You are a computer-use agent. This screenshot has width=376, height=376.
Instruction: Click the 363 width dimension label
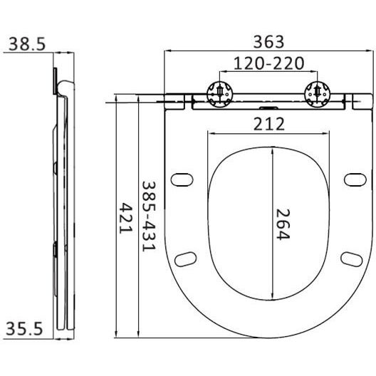pyautogui.click(x=268, y=42)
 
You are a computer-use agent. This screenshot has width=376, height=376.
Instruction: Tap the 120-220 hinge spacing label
pyautogui.click(x=268, y=63)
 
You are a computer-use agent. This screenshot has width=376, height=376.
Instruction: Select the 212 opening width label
pyautogui.click(x=268, y=124)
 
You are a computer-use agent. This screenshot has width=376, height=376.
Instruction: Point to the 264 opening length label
pyautogui.click(x=283, y=224)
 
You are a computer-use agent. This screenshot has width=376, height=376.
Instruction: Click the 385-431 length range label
pyautogui.click(x=149, y=216)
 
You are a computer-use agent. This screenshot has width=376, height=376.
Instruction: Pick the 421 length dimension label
pyautogui.click(x=126, y=218)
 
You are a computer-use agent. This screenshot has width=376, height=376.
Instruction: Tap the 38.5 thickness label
pyautogui.click(x=27, y=44)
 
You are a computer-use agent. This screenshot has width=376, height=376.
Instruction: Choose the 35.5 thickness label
pyautogui.click(x=24, y=328)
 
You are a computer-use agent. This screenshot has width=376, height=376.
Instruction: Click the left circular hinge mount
pyautogui.click(x=220, y=94)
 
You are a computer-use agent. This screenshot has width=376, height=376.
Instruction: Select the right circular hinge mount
pyautogui.click(x=318, y=94)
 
